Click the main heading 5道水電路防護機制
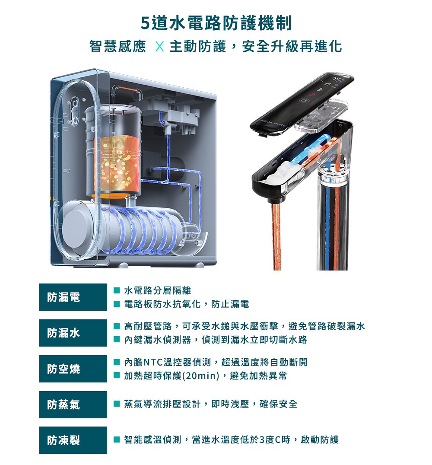tap(216, 23)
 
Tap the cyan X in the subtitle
tap(159, 47)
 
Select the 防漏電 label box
tap(73, 297)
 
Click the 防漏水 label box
tap(73, 333)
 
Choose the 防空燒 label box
tap(73, 369)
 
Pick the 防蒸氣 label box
tap(73, 404)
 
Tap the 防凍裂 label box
tap(73, 440)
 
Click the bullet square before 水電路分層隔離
tap(117, 290)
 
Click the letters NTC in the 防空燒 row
tap(153, 362)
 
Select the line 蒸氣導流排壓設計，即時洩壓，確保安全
tap(210, 404)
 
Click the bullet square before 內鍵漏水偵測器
tap(117, 340)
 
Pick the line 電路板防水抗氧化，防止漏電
tap(187, 304)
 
